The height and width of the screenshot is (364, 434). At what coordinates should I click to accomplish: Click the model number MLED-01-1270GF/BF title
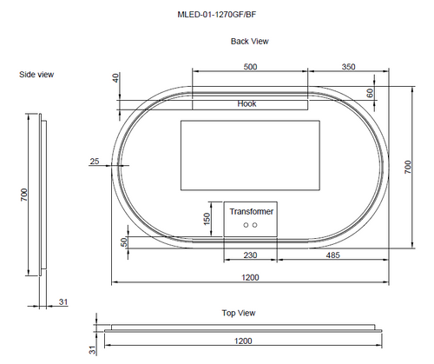[x=217, y=15]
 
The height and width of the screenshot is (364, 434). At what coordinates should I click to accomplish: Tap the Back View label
[x=250, y=42]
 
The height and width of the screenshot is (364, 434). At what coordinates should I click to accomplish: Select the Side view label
[x=36, y=75]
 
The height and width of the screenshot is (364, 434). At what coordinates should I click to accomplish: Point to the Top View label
[x=239, y=313]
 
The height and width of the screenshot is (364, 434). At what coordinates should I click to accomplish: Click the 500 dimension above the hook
[x=250, y=67]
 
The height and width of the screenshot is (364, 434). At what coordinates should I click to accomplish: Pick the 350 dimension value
[x=348, y=67]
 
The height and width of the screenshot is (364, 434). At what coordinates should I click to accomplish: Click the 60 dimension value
[x=370, y=93]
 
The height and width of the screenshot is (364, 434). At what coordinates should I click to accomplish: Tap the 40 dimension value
[x=115, y=78]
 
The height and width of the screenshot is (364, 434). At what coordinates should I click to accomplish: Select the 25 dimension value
[x=95, y=162]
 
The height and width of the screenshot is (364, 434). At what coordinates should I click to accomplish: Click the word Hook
[x=247, y=103]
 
